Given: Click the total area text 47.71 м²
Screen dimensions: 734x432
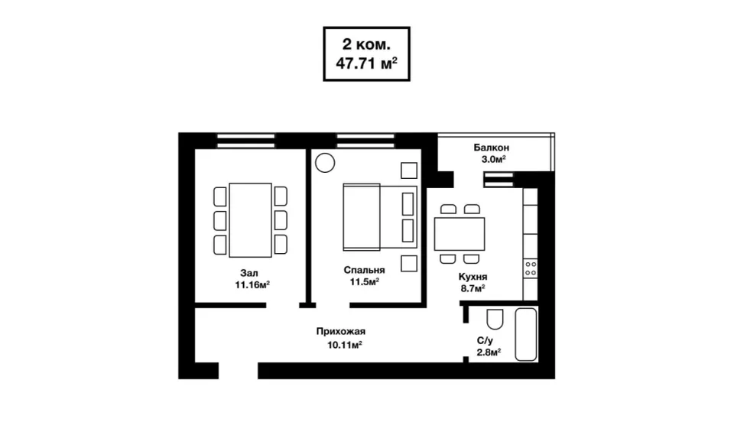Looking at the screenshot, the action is [366, 63].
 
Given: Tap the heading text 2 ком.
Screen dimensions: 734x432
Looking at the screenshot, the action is [366, 44].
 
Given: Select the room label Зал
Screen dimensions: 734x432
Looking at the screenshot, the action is [249, 273].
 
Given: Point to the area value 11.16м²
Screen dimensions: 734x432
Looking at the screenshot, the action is [252, 284].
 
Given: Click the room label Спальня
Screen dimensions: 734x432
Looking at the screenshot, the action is [364, 270].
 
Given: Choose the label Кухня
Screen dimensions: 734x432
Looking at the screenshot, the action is [473, 277].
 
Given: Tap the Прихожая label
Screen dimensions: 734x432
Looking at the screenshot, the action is [341, 332].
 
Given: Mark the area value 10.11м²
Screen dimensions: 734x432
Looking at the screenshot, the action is [345, 346].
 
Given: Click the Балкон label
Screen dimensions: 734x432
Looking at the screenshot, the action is [492, 148].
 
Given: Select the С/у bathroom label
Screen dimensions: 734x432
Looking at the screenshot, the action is [485, 341].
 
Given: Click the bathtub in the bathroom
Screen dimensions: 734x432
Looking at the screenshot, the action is [526, 334].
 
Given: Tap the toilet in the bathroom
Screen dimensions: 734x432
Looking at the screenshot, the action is [495, 319].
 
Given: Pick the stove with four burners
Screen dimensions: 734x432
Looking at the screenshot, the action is [531, 268].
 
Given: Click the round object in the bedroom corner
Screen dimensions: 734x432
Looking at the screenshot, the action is [325, 164].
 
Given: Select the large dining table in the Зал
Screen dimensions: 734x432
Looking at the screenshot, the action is [251, 220].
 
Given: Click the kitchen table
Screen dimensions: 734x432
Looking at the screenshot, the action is [460, 233].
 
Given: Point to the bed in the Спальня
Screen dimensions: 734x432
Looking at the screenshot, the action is [380, 216].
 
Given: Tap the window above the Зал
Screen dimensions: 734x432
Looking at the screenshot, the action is [245, 141].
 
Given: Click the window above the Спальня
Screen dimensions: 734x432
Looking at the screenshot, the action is [365, 141].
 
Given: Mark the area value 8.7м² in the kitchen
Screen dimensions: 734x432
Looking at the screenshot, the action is [473, 288].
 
